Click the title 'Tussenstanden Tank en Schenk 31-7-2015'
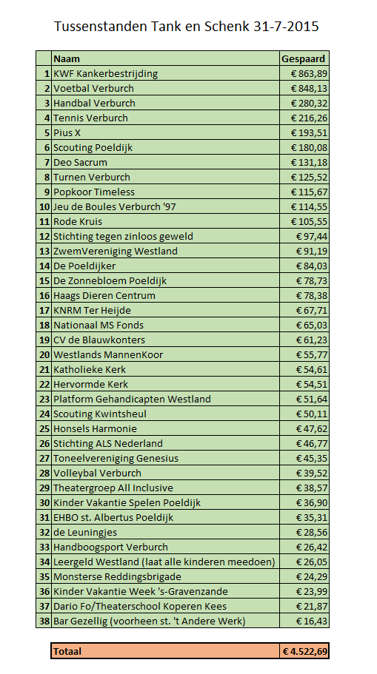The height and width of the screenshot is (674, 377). pos(187,27)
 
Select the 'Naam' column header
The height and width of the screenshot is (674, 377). pos(67,58)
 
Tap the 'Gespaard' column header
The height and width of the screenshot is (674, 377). pos(304,58)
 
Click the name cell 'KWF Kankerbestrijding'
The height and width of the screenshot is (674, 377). pos(105,73)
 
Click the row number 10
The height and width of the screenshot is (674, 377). pos(44,206)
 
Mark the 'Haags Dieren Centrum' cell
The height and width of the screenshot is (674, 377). pos(104,295)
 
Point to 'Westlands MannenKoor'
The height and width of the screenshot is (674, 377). pos(108,354)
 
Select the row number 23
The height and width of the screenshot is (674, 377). pos(44,399)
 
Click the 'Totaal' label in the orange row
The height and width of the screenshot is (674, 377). pos(67,652)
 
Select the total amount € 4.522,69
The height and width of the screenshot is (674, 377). pos(304,652)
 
